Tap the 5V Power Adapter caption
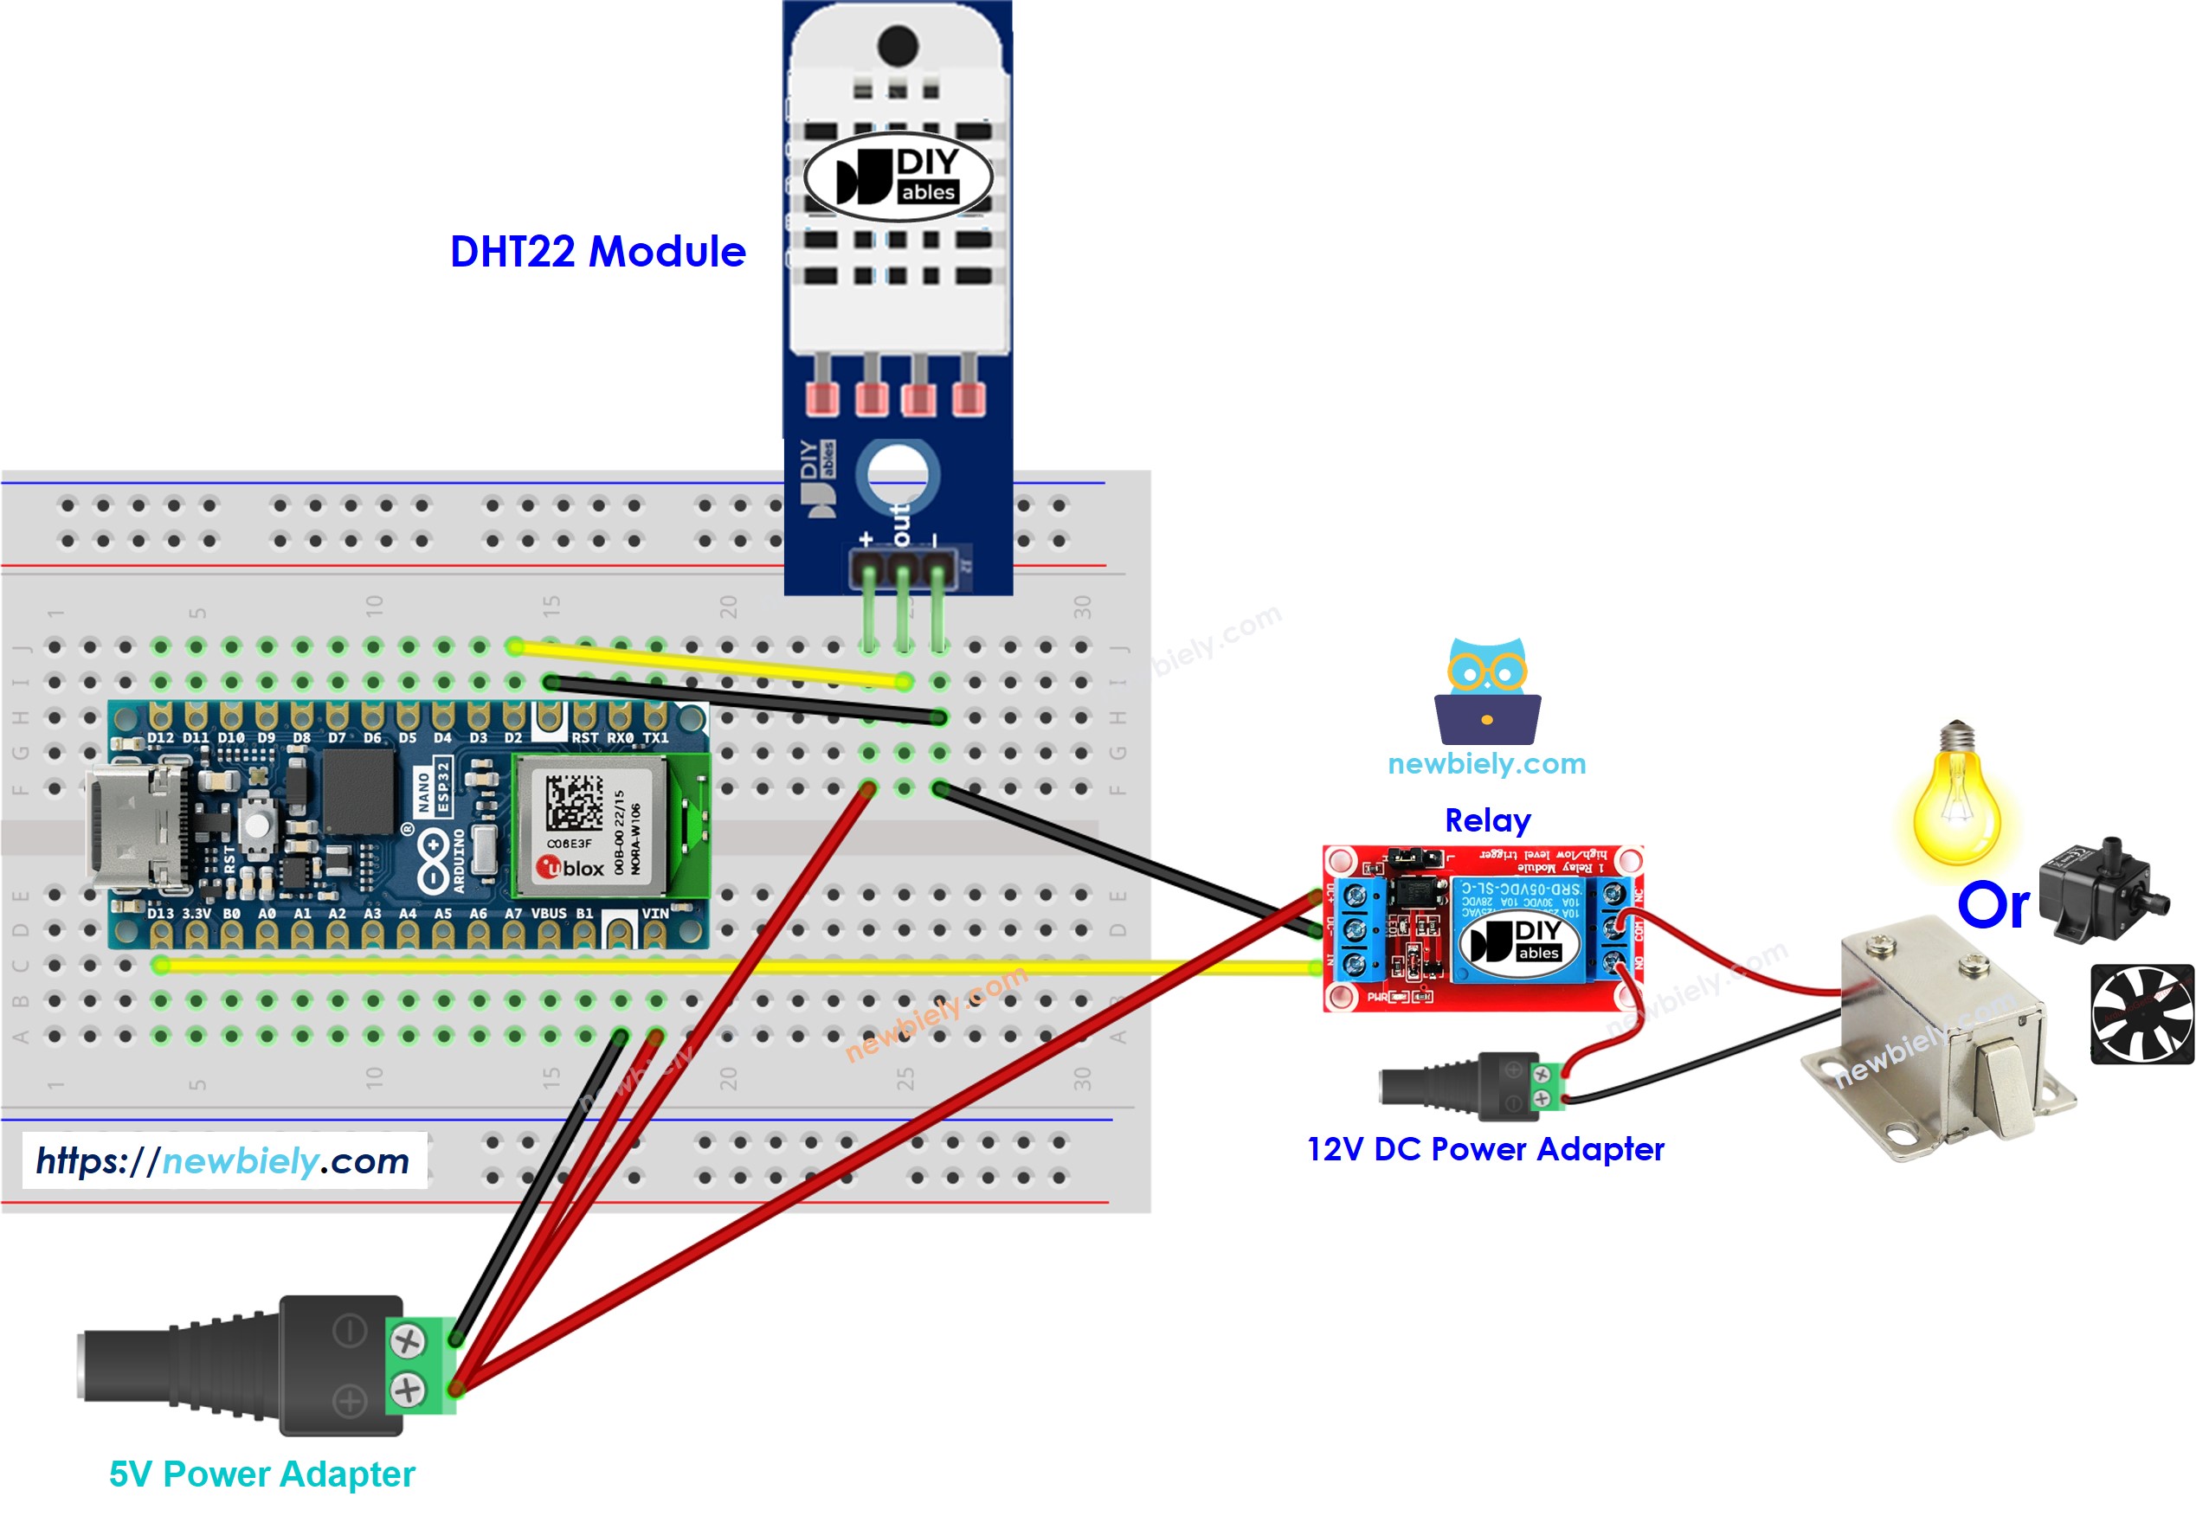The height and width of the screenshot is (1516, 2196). (x=261, y=1474)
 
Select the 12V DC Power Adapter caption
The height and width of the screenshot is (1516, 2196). (x=1484, y=1148)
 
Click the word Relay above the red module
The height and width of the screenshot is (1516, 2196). (x=1487, y=819)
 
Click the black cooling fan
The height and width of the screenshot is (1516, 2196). (x=2141, y=1013)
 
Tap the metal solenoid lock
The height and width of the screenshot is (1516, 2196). (x=1938, y=1040)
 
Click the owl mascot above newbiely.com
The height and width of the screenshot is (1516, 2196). (x=1487, y=691)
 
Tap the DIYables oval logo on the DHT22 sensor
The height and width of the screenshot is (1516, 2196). (x=897, y=177)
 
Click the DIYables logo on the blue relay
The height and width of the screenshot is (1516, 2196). (x=1518, y=940)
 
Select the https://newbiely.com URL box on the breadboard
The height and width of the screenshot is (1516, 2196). (x=223, y=1159)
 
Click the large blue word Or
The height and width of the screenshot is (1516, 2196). (x=1993, y=904)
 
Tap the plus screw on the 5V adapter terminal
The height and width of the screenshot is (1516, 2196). (x=407, y=1390)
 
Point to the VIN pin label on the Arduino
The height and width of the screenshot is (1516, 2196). (x=654, y=913)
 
